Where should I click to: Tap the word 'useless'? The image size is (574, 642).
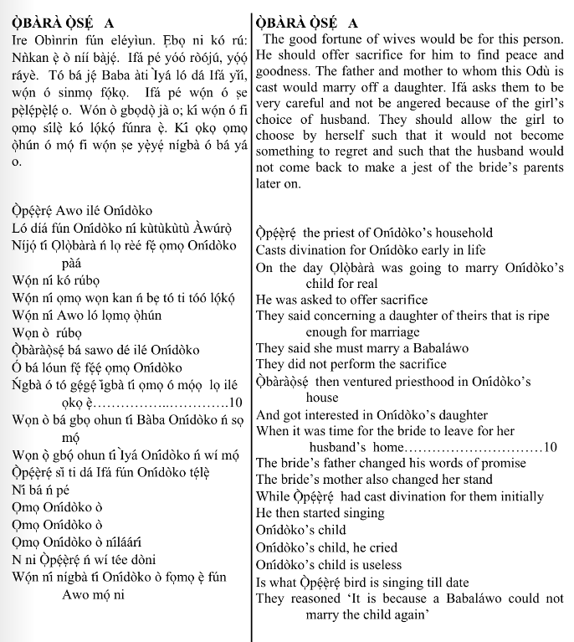374,564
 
